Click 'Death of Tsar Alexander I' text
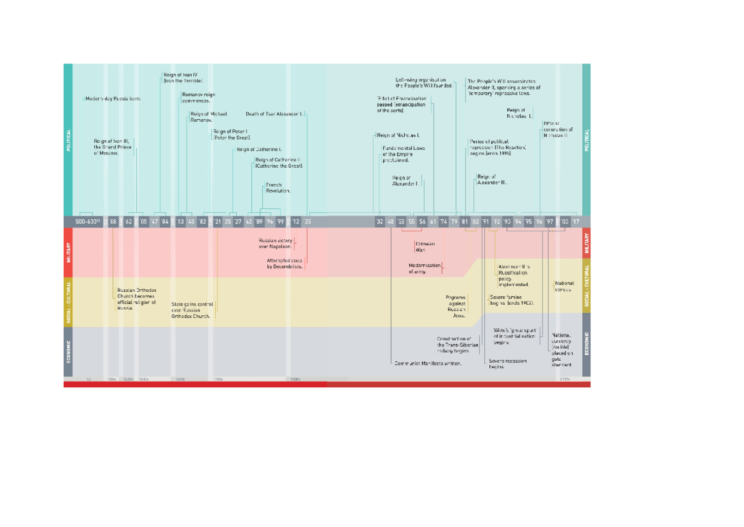pyautogui.click(x=274, y=114)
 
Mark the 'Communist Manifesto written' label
pyautogui.click(x=428, y=364)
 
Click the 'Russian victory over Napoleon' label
pyautogui.click(x=275, y=243)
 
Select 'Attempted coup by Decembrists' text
pyautogui.click(x=285, y=263)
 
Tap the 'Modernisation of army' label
pyautogui.click(x=425, y=268)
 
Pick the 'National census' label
pyautogui.click(x=564, y=286)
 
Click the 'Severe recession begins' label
pyautogui.click(x=508, y=363)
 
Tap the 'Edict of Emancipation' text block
pyautogui.click(x=401, y=104)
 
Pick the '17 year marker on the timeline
pyautogui.click(x=575, y=222)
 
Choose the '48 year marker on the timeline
pyautogui.click(x=389, y=222)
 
